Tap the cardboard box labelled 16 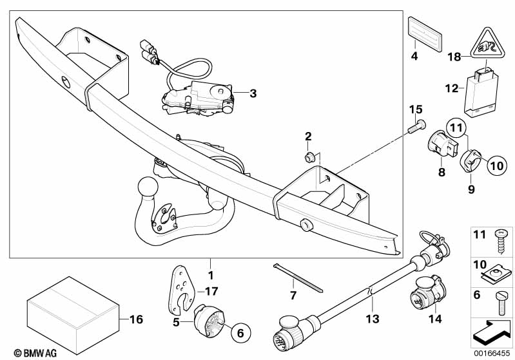click(x=73, y=315)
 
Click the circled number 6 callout click(x=240, y=333)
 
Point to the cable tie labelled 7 click(x=298, y=278)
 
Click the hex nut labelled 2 click(x=309, y=157)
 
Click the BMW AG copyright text click(x=35, y=353)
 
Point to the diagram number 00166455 click(x=492, y=354)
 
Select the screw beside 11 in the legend click(x=501, y=242)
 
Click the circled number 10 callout click(x=497, y=166)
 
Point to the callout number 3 click(x=253, y=93)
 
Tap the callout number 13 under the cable click(x=373, y=319)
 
